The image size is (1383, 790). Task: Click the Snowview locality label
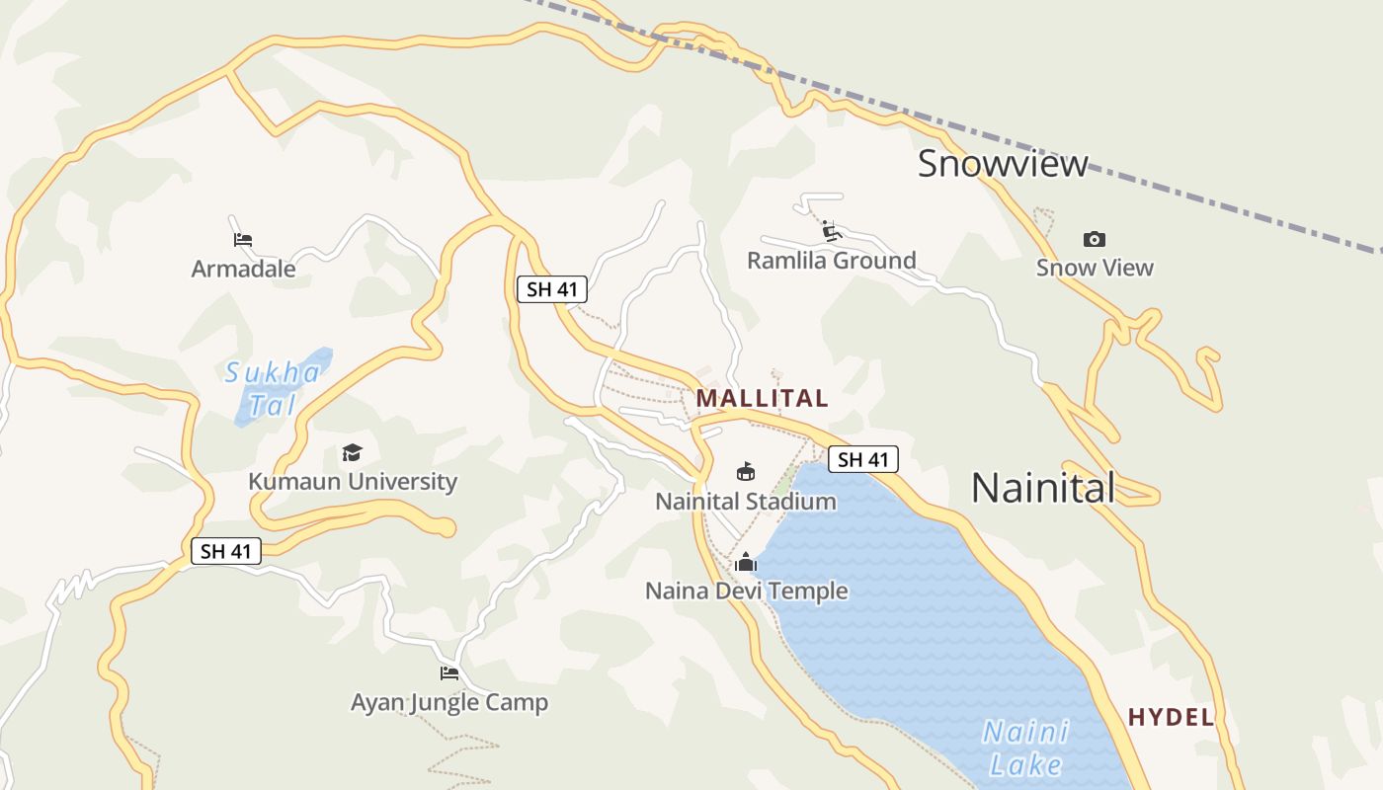click(1003, 164)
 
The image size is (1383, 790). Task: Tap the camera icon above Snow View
click(1094, 239)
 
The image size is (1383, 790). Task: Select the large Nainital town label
click(1043, 488)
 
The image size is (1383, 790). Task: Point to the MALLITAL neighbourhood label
click(762, 399)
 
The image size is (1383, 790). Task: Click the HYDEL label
click(1171, 718)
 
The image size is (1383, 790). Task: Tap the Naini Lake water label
click(1025, 748)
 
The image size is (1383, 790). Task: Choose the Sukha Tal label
click(272, 388)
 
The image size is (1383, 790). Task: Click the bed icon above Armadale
click(243, 239)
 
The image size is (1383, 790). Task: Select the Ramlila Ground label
click(831, 261)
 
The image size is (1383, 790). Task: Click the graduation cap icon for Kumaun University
click(352, 452)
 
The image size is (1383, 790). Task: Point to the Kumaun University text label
click(353, 482)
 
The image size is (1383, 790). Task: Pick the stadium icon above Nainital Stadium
click(746, 472)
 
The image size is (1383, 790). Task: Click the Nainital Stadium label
click(746, 502)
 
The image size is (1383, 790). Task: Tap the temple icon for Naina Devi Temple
click(746, 562)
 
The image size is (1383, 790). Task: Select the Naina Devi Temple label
click(746, 592)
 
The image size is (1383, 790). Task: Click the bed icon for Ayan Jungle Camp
click(449, 673)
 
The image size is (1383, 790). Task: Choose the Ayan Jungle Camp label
click(449, 703)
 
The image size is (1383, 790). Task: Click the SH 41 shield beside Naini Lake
click(862, 459)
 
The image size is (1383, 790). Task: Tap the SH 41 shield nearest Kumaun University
click(226, 551)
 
